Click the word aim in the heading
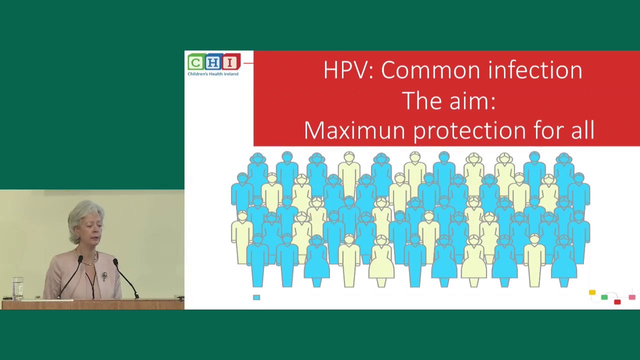pos(471,101)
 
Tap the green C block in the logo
pos(195,62)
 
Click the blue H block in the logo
pos(213,62)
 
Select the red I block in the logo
pos(230,62)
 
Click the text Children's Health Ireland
pos(213,74)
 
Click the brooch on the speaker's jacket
pos(104,275)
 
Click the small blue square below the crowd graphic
pos(256,297)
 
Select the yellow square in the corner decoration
pos(592,292)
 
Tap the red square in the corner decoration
pos(617,301)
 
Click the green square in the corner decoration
pos(604,298)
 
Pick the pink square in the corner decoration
pos(632,297)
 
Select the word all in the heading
pos(580,130)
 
